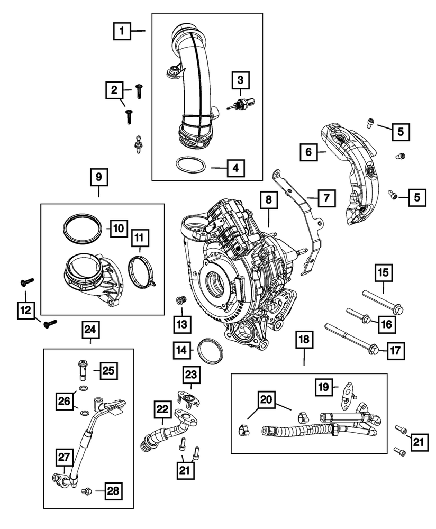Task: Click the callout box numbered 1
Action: click(x=122, y=32)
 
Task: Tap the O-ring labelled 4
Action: click(x=190, y=165)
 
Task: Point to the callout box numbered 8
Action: click(x=269, y=200)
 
